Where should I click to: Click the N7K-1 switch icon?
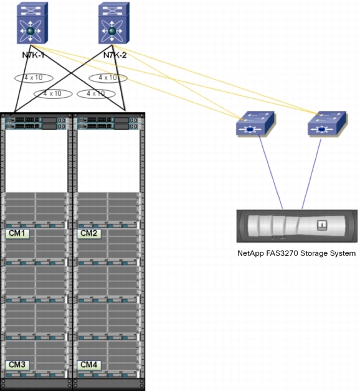pos(32,23)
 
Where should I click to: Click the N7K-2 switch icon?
pos(114,23)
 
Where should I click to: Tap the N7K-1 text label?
pos(34,55)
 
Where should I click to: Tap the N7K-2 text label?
pos(115,55)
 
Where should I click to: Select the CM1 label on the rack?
pos(17,233)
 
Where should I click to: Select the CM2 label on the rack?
pos(89,233)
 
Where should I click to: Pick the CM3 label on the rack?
pos(17,365)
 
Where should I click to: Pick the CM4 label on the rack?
pos(89,365)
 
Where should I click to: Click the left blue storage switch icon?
pos(255,123)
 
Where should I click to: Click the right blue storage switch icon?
pos(327,123)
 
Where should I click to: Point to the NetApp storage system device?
pos(297,226)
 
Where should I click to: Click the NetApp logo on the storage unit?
pos(322,225)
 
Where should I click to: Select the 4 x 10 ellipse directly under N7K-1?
pos(34,78)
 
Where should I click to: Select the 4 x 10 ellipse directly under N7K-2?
pos(108,78)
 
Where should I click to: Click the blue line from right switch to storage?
pos(311,174)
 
